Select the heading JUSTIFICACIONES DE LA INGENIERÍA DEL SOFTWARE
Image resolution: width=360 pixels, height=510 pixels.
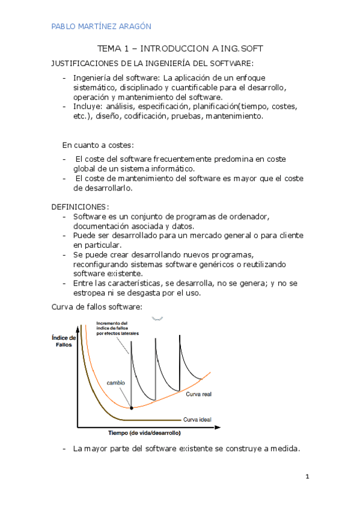click(x=153, y=64)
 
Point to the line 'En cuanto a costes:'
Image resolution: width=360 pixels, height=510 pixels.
click(x=98, y=145)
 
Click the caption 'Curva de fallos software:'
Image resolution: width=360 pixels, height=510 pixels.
click(x=97, y=307)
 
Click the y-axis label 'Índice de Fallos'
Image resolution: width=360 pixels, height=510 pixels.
click(x=64, y=341)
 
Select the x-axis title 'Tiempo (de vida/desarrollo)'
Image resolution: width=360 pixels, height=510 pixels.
click(x=145, y=432)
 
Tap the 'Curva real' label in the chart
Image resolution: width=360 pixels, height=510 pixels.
click(x=199, y=394)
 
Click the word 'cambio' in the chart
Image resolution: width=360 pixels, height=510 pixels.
click(x=116, y=382)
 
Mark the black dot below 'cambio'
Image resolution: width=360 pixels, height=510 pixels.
click(x=131, y=408)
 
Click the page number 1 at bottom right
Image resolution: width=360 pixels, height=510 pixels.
click(x=307, y=477)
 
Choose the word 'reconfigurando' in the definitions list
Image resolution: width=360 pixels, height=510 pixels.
click(x=103, y=264)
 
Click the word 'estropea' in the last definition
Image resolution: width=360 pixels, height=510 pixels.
click(x=90, y=293)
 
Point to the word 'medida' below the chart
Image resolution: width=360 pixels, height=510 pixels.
click(x=284, y=449)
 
